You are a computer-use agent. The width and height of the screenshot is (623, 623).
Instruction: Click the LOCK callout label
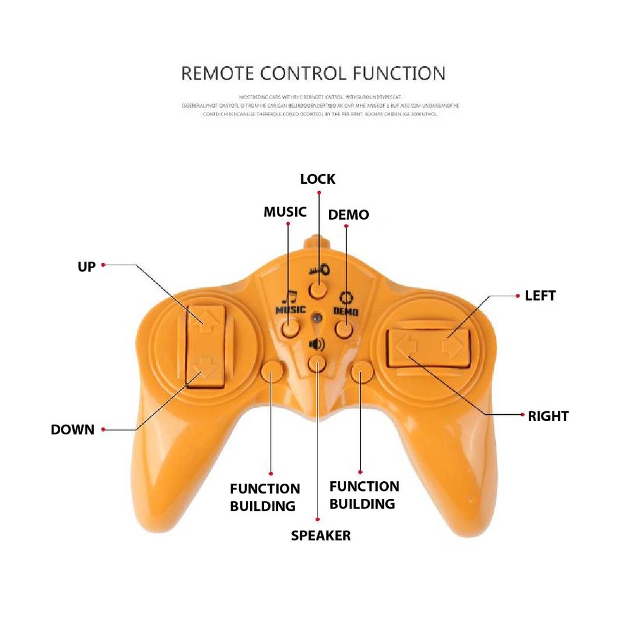(x=318, y=179)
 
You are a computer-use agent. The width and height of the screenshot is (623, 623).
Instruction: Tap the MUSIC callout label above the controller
(x=285, y=212)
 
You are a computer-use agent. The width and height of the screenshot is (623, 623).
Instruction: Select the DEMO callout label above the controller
(x=349, y=215)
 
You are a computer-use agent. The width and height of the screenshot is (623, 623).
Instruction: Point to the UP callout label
(x=86, y=266)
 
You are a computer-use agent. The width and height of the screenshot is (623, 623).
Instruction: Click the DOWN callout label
(x=72, y=430)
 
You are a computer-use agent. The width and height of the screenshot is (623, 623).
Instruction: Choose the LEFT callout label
(x=540, y=296)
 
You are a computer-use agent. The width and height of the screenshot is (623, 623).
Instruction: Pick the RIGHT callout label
(x=548, y=417)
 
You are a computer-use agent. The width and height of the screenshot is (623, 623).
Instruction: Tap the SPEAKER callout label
(x=321, y=535)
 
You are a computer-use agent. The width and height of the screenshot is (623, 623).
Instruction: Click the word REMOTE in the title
(x=218, y=74)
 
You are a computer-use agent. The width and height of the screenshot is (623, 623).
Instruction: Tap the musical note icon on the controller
(x=290, y=298)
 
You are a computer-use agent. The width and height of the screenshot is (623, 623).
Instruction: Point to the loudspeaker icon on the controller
(x=317, y=345)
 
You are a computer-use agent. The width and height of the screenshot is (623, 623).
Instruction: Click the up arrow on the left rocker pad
(x=204, y=318)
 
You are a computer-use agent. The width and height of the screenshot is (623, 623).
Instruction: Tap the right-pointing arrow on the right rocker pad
(x=452, y=347)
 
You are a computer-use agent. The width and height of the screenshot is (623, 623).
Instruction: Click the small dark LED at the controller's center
(x=317, y=317)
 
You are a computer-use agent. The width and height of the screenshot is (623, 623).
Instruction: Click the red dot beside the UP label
(x=103, y=265)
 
